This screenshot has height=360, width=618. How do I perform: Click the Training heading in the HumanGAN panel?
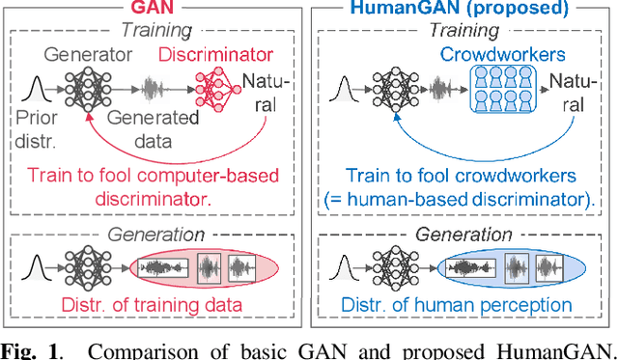point(463,31)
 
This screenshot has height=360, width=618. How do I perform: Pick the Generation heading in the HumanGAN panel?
point(463,235)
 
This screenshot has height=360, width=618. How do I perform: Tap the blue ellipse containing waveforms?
point(510,267)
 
